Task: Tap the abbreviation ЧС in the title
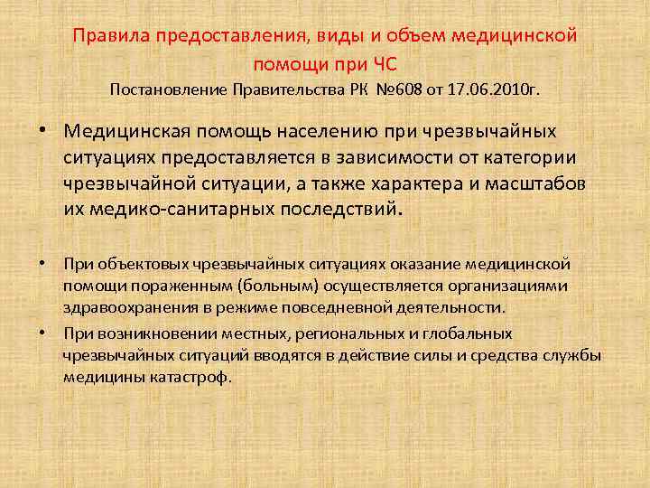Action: coord(384,65)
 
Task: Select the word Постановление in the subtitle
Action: coord(168,90)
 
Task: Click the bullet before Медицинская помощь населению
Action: coord(42,129)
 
